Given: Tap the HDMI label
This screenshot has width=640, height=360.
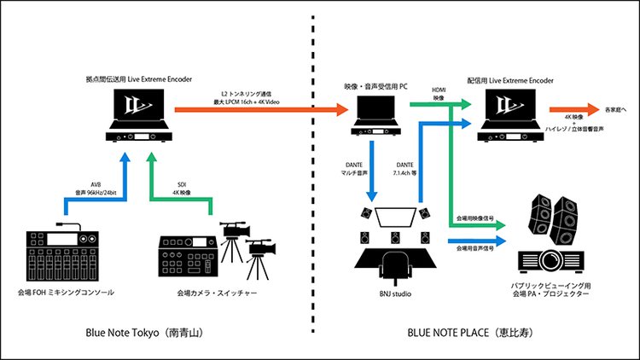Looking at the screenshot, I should coord(439,90).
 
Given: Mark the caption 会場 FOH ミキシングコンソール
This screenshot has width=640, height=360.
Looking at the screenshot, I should coord(61,292).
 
